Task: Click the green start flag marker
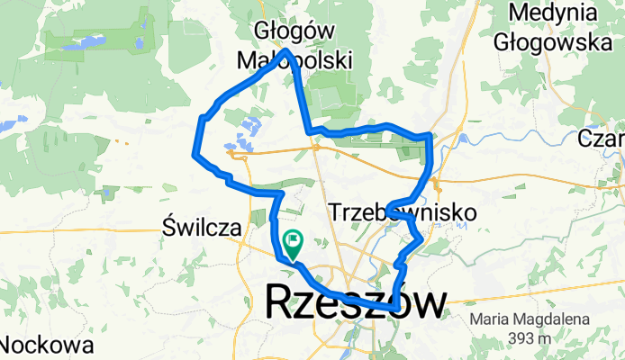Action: tap(293, 241)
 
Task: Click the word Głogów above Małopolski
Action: tap(284, 31)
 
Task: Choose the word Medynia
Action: tap(552, 13)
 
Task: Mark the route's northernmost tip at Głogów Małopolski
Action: tap(285, 50)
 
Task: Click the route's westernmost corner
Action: tap(195, 155)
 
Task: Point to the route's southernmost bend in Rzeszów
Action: tap(394, 308)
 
